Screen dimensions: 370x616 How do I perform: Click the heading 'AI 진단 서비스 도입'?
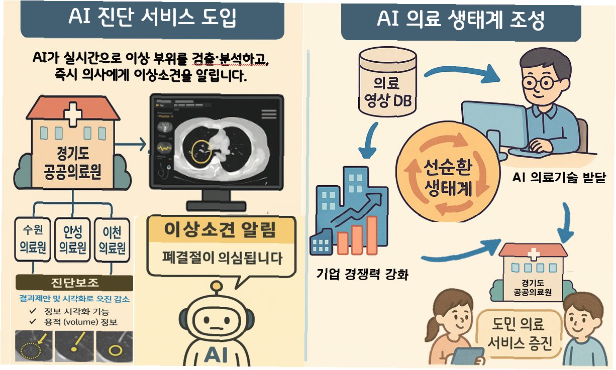pos(152,19)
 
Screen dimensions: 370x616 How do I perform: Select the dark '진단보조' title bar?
pos(74,283)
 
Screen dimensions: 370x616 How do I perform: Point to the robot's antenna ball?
pos(217,287)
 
